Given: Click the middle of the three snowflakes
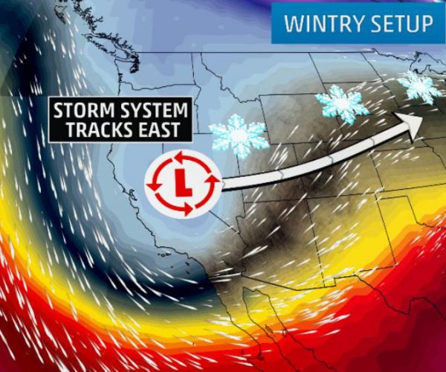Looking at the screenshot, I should [341, 103].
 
